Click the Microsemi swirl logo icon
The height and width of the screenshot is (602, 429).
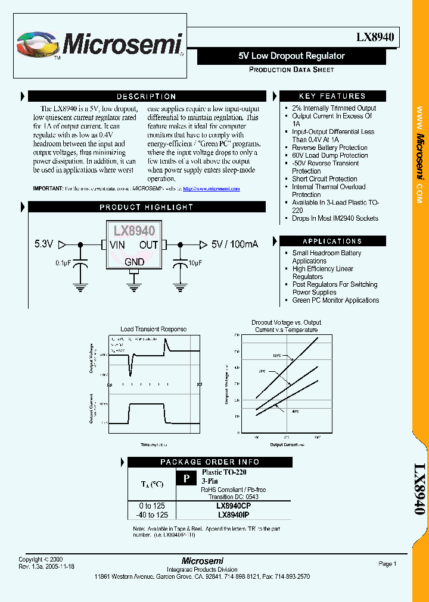click(38, 45)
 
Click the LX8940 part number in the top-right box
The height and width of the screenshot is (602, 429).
click(375, 37)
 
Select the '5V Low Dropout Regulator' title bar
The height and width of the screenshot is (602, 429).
click(291, 56)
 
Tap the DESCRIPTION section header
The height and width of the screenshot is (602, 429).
click(146, 96)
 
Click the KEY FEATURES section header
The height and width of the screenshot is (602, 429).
click(332, 96)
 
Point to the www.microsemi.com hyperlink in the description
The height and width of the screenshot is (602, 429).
click(211, 189)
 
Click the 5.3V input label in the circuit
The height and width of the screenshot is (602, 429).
click(44, 244)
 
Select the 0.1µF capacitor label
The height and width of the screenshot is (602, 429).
click(64, 262)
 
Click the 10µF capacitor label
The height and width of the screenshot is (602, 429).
click(194, 262)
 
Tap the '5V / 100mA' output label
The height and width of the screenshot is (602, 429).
click(234, 244)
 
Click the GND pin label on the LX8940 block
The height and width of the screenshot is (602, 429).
click(134, 262)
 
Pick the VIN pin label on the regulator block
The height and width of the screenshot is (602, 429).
click(117, 244)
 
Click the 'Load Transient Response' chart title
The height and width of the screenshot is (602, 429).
click(153, 329)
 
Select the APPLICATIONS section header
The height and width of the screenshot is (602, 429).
click(332, 241)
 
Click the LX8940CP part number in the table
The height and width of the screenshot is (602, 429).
click(238, 506)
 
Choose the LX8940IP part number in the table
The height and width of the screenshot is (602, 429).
click(238, 515)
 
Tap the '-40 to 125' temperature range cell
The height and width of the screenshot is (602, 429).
click(152, 515)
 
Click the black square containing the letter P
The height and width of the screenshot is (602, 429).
click(186, 478)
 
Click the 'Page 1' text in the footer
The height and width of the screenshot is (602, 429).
click(387, 564)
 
